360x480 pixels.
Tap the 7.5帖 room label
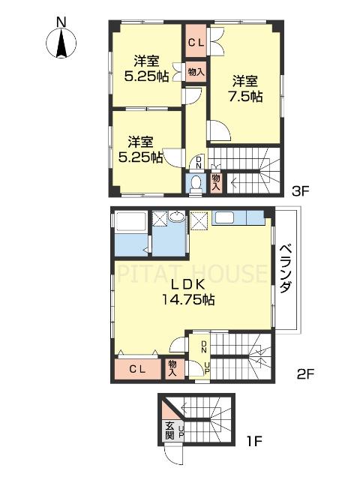click(244, 88)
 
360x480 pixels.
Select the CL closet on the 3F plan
click(196, 43)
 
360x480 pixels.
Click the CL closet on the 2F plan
click(137, 368)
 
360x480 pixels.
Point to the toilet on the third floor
click(195, 184)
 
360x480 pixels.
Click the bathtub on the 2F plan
click(130, 223)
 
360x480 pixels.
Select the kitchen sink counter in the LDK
click(238, 219)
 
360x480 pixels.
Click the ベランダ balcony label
click(286, 269)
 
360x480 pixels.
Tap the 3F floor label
click(300, 191)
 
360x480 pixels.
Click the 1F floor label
click(255, 454)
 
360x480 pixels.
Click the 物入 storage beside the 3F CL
click(194, 73)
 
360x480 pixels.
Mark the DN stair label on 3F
click(198, 163)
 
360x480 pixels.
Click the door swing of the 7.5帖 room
click(219, 133)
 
